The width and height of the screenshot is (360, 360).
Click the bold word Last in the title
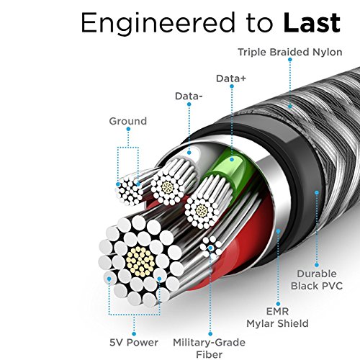(312, 23)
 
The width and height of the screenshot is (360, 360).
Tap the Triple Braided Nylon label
(290, 52)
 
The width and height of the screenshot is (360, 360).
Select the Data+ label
(231, 78)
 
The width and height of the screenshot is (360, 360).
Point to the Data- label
(189, 96)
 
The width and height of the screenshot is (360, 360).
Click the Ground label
(128, 121)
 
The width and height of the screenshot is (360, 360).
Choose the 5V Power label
(134, 342)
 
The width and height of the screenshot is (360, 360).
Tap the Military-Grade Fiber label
(210, 348)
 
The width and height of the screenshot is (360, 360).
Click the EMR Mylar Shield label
(277, 318)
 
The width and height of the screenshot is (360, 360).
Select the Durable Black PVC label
(317, 280)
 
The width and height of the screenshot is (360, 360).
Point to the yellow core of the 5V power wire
(140, 261)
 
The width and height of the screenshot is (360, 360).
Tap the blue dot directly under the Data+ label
(232, 86)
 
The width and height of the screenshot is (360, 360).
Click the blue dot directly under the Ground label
(128, 129)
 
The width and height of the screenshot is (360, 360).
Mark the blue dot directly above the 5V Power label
(134, 334)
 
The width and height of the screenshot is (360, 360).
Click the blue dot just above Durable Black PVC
(317, 265)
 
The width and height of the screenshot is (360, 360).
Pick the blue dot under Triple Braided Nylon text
(290, 60)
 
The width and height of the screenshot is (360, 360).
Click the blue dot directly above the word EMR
(278, 304)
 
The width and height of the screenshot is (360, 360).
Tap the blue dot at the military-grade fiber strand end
(210, 248)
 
